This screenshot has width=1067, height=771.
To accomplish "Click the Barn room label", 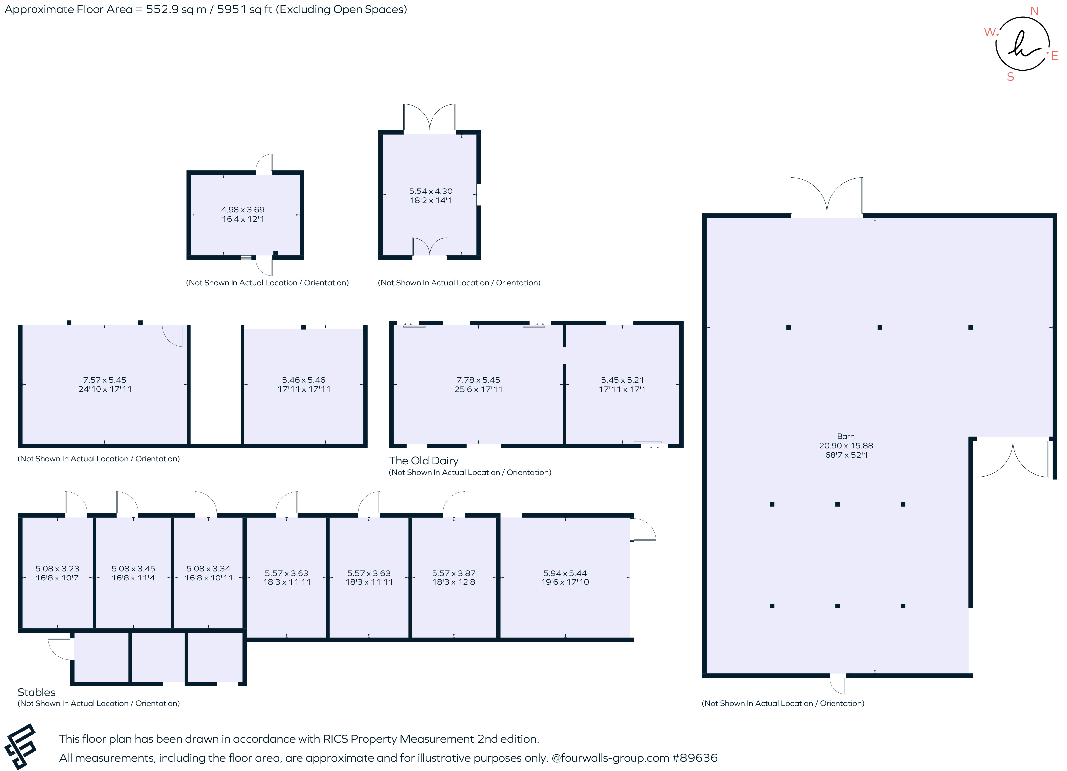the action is (845, 436).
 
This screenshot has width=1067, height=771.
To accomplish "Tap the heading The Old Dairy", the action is (424, 460).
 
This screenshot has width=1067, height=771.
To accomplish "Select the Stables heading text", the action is (36, 692).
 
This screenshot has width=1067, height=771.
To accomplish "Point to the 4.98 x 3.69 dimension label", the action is (243, 209).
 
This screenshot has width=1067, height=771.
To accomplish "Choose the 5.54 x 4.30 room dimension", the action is (431, 191).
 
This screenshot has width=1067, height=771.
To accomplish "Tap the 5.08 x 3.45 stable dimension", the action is (133, 569).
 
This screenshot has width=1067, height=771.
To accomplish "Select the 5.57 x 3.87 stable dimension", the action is (453, 573).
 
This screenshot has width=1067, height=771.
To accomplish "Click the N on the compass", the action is (1034, 11).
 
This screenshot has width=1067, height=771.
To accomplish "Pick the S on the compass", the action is (1010, 77).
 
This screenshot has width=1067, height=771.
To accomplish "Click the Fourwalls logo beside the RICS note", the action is (20, 746).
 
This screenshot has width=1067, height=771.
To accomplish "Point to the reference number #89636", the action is (695, 758).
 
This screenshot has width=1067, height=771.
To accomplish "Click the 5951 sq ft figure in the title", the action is (244, 9).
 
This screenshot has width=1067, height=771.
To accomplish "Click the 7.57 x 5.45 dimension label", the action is (104, 380).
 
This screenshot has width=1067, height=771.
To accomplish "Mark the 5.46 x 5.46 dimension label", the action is (303, 380).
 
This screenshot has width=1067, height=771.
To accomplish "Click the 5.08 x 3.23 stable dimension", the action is (57, 569).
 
